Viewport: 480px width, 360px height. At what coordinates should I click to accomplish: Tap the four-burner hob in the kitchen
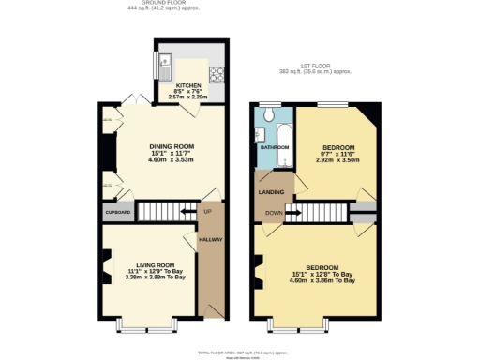(217, 73)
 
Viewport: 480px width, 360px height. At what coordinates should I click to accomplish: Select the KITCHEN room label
(188, 84)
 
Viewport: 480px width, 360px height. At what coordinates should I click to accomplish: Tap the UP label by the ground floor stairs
(208, 212)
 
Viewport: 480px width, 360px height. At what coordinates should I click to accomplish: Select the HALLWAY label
(209, 241)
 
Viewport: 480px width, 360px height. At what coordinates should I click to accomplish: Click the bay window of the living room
(146, 325)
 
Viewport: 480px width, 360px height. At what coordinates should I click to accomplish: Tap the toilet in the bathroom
(267, 114)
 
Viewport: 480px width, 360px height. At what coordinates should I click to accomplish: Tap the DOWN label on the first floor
(274, 213)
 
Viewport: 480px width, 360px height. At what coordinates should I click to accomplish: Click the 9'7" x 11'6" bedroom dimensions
(337, 160)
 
